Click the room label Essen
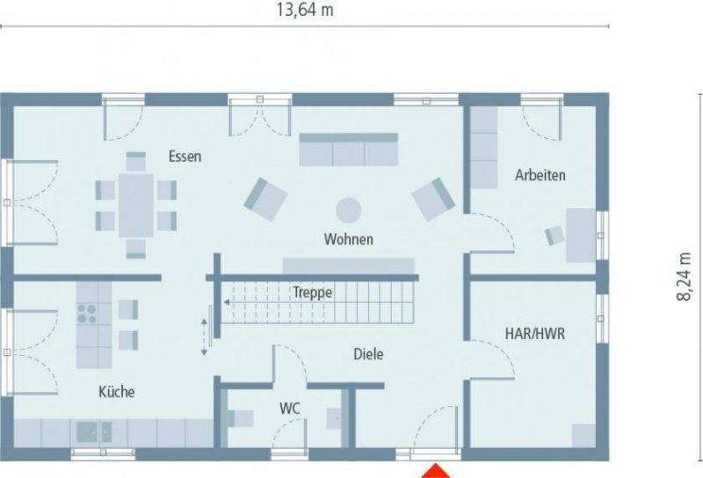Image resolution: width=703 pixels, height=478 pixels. (x=185, y=156)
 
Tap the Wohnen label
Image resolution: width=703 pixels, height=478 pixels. (x=348, y=239)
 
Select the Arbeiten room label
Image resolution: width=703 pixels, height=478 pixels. (x=540, y=175)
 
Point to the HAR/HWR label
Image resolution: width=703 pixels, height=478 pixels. (x=534, y=334)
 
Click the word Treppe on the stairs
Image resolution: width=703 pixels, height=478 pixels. (x=312, y=293)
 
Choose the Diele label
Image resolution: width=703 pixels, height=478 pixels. (x=369, y=354)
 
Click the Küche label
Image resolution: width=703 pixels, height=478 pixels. (x=117, y=392)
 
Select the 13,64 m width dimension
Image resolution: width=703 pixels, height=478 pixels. (x=305, y=11)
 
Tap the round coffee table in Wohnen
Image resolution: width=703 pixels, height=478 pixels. (x=349, y=210)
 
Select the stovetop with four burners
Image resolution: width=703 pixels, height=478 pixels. (x=89, y=315)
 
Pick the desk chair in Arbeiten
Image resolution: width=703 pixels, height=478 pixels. (x=554, y=235)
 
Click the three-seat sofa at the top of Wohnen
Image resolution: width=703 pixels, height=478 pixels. (x=349, y=150)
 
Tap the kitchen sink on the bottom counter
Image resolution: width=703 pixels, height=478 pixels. (x=92, y=431)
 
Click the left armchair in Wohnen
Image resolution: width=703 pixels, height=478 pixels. (x=265, y=199)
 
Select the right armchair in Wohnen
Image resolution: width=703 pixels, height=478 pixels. (x=433, y=199)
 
